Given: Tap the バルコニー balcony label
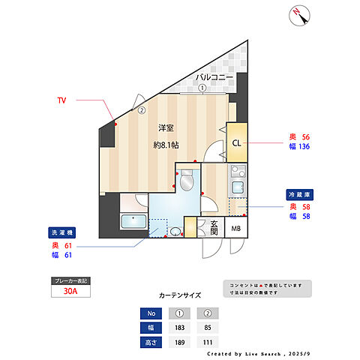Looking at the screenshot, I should tap(214, 77).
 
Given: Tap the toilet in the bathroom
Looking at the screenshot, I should tap(188, 181).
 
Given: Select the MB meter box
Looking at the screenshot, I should tap(235, 229).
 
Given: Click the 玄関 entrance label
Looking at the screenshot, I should tap(213, 229).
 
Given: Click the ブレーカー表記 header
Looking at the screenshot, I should tap(70, 280).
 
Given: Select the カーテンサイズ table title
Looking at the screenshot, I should tap(180, 295).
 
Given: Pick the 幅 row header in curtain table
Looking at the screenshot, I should tap(151, 327).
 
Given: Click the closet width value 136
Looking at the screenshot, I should tap(305, 147).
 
